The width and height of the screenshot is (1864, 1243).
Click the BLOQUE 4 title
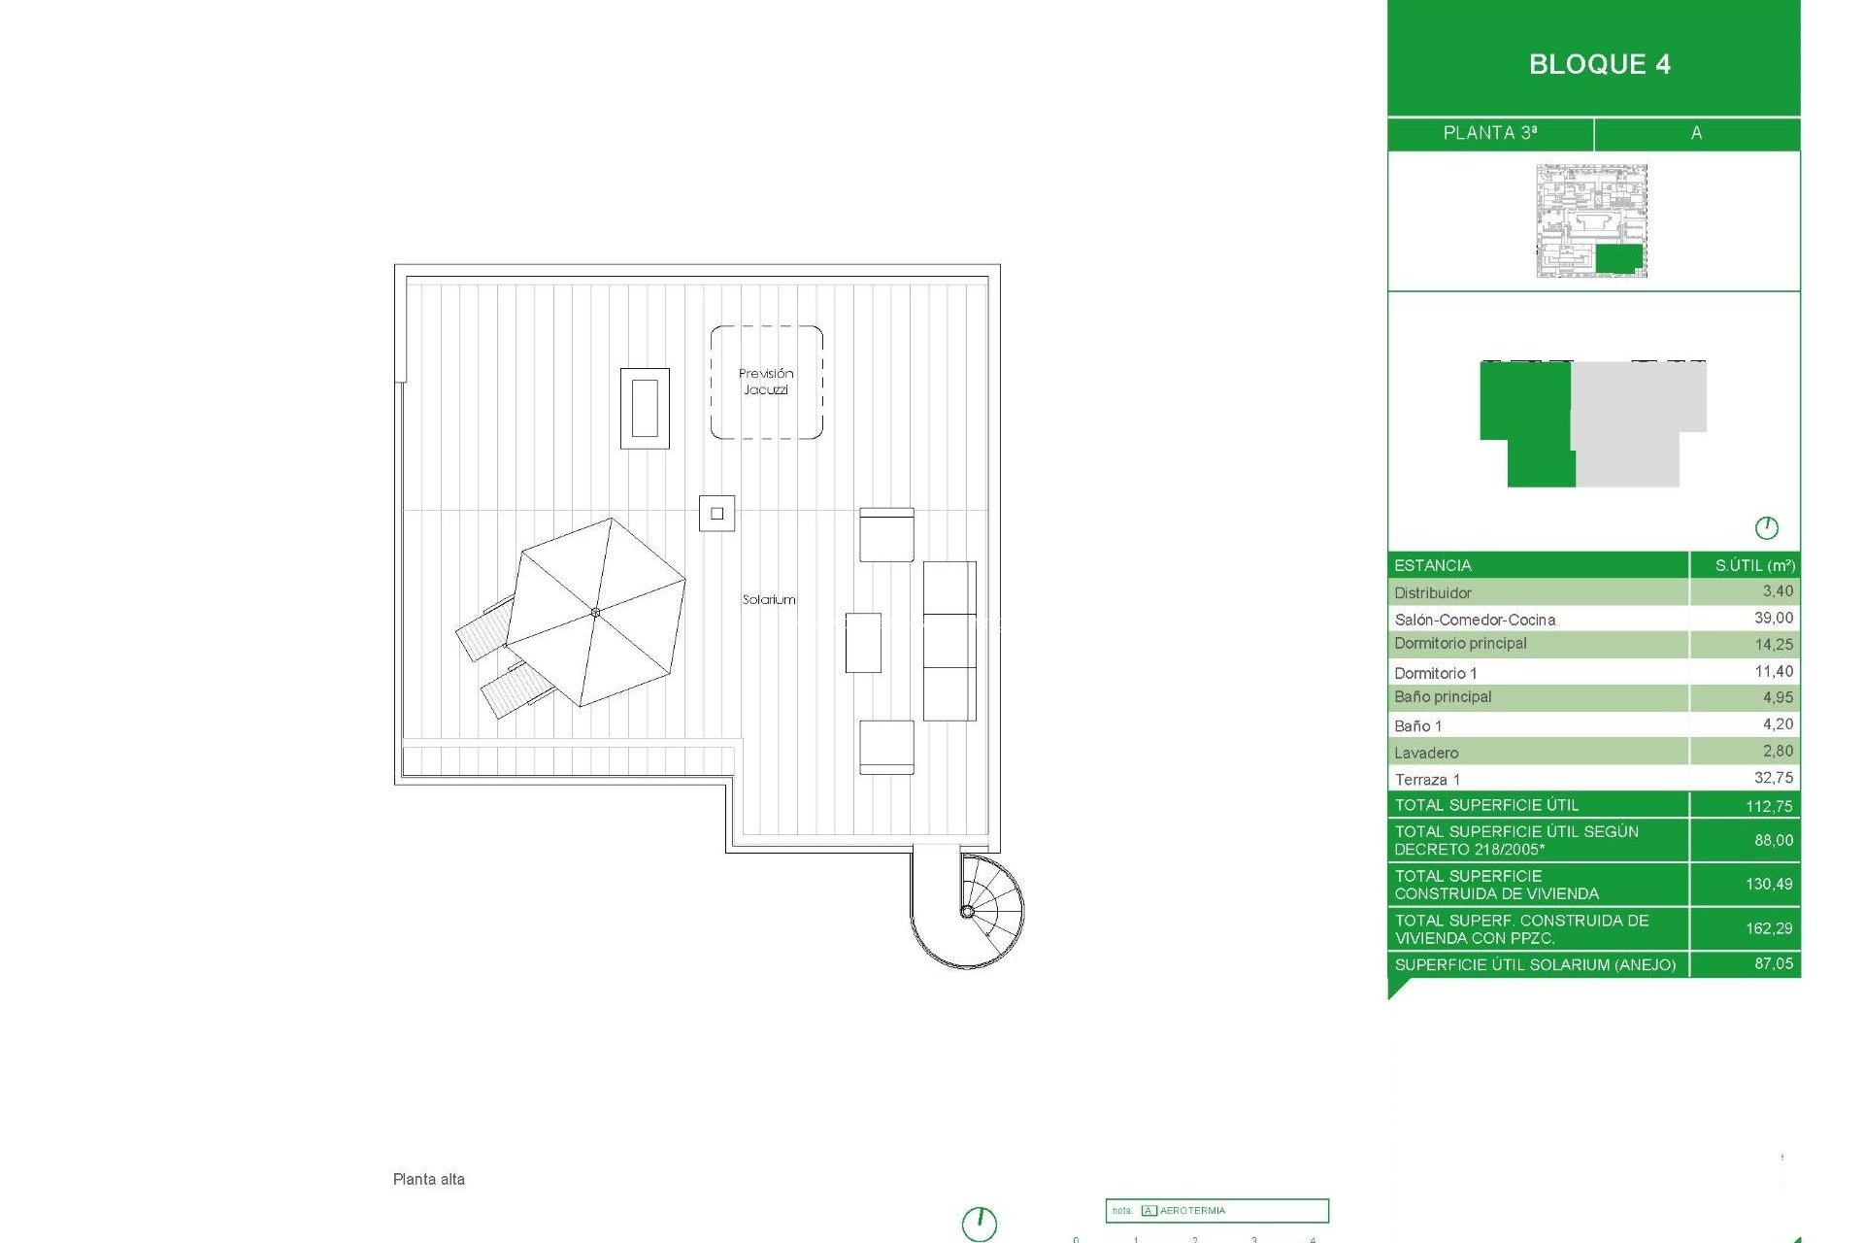click(x=1599, y=64)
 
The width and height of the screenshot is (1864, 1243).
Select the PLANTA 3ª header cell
click(x=1489, y=133)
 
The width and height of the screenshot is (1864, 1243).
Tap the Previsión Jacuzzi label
click(x=766, y=381)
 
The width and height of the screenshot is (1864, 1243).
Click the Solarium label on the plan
click(x=769, y=599)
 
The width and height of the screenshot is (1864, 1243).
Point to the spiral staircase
click(x=969, y=910)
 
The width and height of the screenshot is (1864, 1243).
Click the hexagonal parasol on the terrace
click(x=595, y=612)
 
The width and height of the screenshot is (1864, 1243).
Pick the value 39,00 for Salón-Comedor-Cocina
click(x=1773, y=618)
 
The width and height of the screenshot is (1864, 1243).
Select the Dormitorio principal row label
click(x=1460, y=643)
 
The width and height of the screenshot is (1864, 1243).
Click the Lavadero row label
click(x=1426, y=753)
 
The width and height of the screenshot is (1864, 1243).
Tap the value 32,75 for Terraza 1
click(x=1773, y=778)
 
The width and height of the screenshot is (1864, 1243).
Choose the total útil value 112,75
click(x=1769, y=806)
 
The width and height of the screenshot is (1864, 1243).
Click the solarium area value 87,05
click(x=1773, y=963)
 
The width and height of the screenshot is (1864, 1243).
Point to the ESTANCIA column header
click(x=1433, y=565)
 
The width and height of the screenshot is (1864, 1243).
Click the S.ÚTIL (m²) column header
click(x=1754, y=565)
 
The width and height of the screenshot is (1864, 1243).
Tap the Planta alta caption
click(x=429, y=1179)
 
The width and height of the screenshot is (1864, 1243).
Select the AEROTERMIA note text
click(x=1192, y=1211)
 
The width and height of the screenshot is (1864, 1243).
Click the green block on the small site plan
click(x=1618, y=258)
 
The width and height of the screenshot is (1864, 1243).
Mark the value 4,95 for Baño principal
click(x=1778, y=697)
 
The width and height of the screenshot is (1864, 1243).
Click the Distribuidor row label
click(x=1433, y=592)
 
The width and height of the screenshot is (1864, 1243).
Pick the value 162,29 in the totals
click(x=1769, y=928)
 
